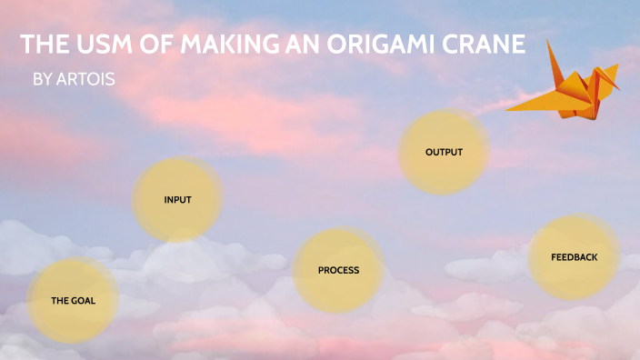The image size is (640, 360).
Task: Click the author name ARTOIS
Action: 86,80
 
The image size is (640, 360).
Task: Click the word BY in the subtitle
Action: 43,80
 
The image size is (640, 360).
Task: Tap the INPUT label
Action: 177,199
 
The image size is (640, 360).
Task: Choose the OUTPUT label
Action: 444,152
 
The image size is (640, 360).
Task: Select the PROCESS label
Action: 338,270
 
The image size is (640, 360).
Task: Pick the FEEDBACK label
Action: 574,257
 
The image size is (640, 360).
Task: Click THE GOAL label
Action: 73,300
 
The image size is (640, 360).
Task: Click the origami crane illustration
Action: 568,86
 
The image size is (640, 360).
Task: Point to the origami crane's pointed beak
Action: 621,91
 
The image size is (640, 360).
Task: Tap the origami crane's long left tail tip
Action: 508,109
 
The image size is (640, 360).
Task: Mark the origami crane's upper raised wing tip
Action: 549,41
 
